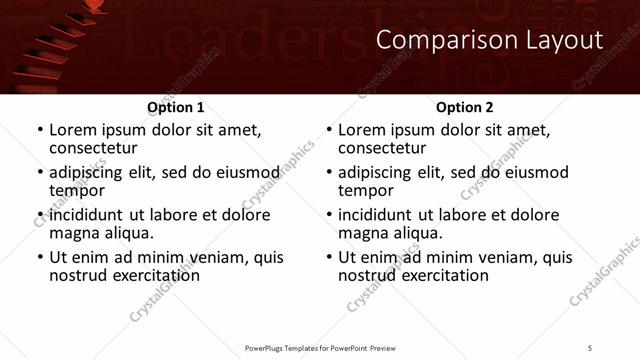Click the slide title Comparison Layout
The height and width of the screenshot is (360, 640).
coord(490,40)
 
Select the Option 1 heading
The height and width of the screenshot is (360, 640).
coord(175,107)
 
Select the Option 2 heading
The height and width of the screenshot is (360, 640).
coord(464,107)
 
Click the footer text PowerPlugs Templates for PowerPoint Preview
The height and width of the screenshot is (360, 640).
coord(320,347)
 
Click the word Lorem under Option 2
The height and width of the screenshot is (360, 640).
coord(362,130)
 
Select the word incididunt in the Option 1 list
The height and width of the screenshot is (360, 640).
coord(86,215)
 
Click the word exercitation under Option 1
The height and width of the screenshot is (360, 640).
coord(155,274)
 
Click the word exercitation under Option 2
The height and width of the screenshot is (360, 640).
coord(444,274)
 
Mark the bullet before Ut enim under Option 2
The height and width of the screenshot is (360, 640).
coord(328,257)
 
